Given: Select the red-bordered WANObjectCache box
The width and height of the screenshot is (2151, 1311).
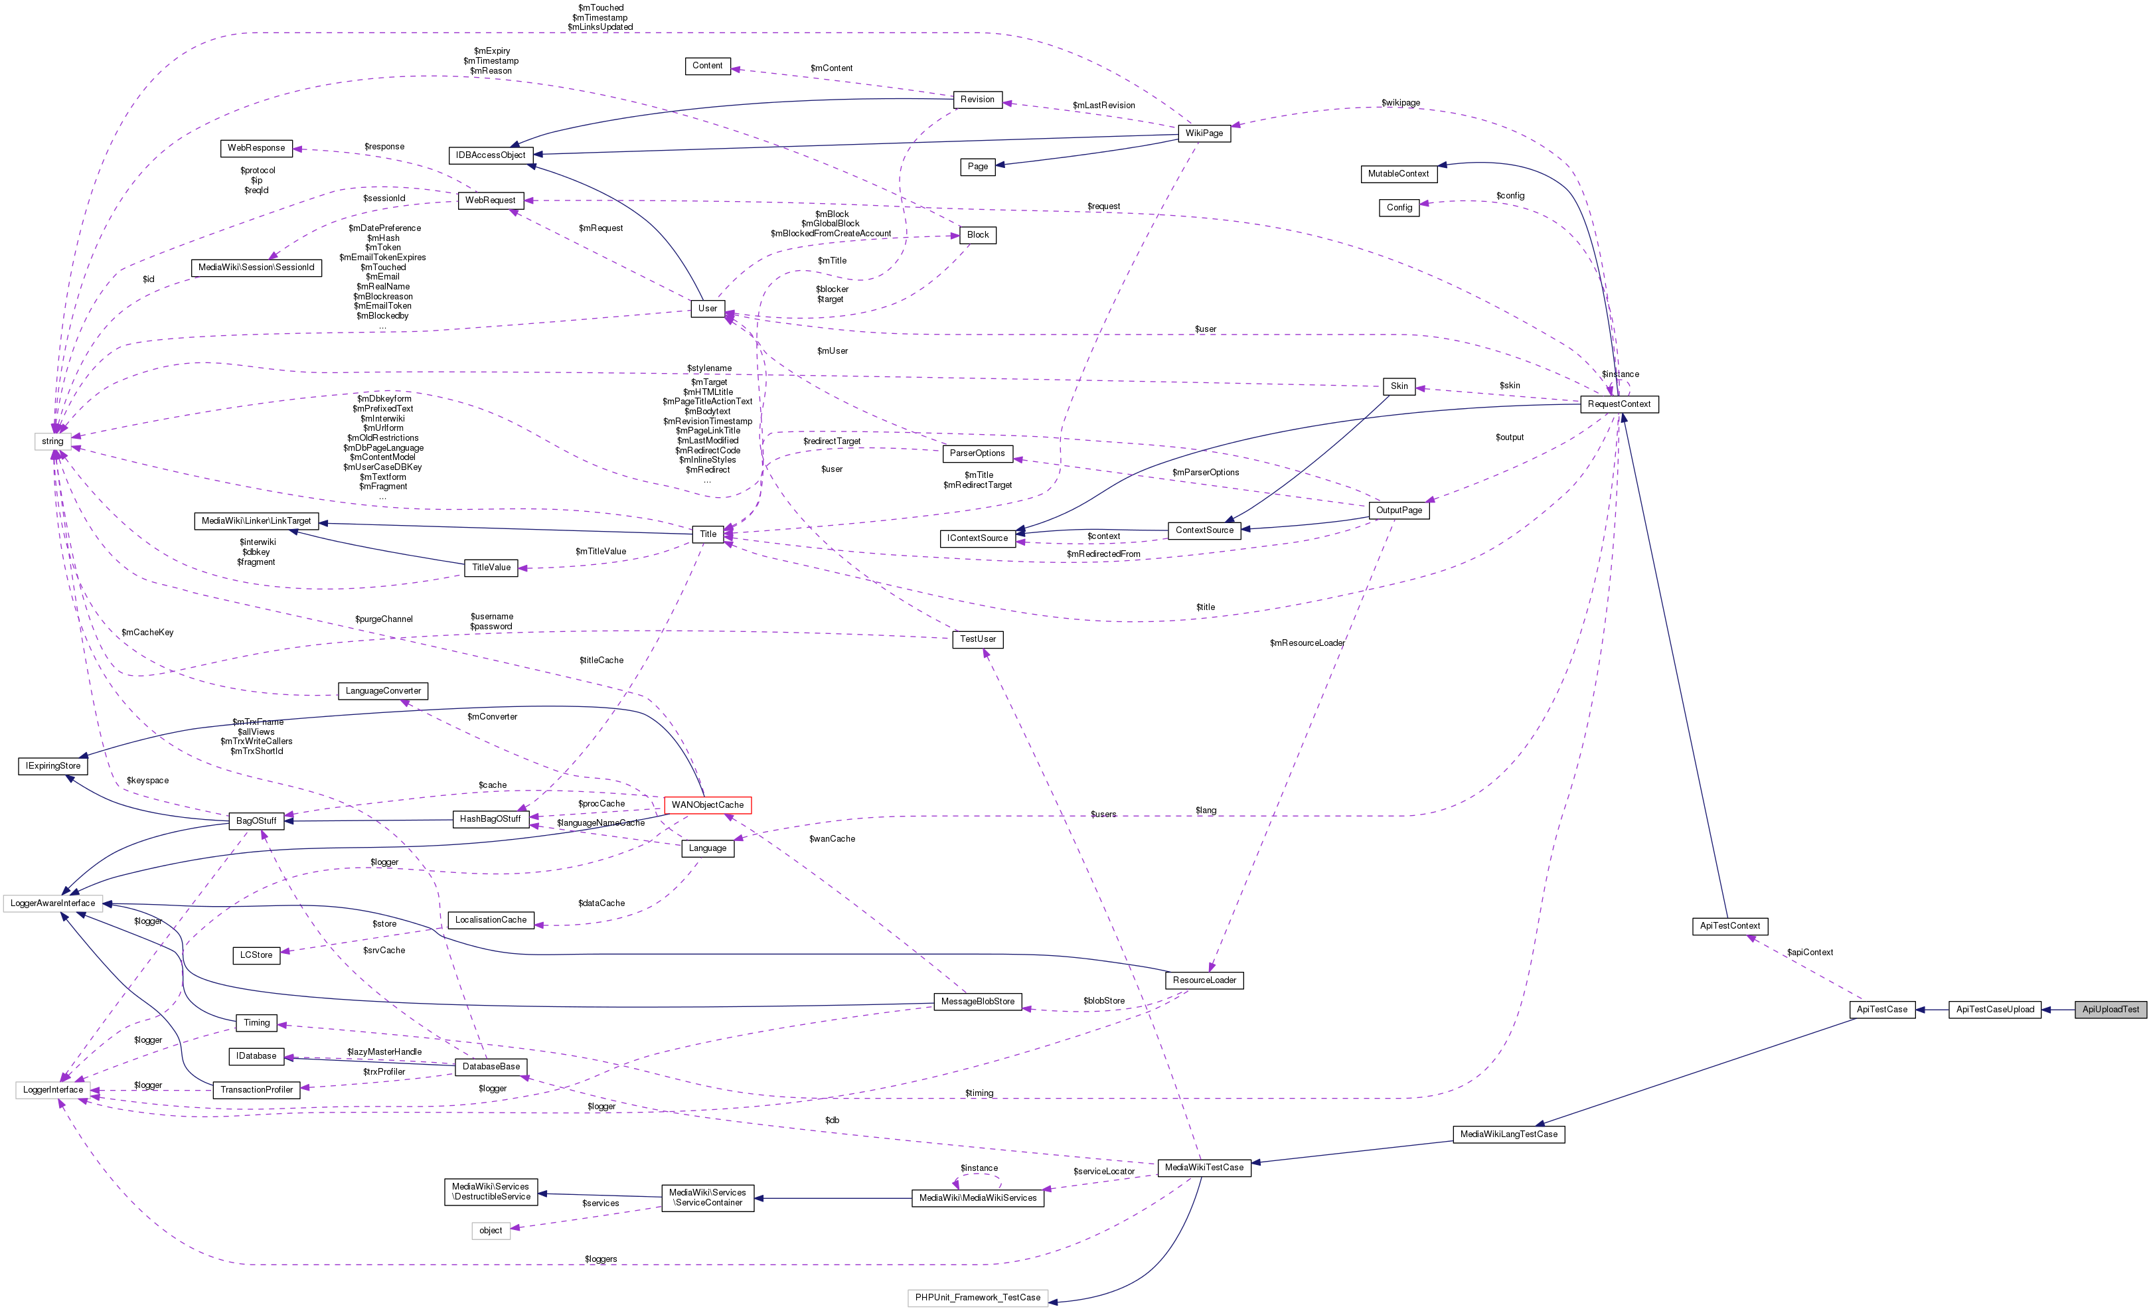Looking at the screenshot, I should click(707, 805).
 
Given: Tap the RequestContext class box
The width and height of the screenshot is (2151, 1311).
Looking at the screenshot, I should click(1619, 404).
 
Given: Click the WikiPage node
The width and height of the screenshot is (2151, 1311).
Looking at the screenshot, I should click(1204, 133).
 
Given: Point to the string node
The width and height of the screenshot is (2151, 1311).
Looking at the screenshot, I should click(52, 441).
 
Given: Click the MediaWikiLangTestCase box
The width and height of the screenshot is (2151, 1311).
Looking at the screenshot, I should click(1508, 1134).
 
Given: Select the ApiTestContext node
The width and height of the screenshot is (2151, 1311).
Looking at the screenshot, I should click(1729, 926).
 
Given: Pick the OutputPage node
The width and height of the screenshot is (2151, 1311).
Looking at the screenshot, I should click(1399, 510).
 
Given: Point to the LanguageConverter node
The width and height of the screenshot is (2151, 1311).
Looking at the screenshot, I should click(382, 691).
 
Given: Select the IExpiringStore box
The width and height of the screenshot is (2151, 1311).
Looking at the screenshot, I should click(52, 766).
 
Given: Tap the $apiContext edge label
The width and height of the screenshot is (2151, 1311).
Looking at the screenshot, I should click(1810, 953).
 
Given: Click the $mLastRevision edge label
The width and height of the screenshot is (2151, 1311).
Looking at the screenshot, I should click(1103, 106).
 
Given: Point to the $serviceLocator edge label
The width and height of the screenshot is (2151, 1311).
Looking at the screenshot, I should click(1103, 1172).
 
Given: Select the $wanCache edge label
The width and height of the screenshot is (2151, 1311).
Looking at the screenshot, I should click(832, 839).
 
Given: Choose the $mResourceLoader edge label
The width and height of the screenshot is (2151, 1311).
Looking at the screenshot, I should click(1307, 643).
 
